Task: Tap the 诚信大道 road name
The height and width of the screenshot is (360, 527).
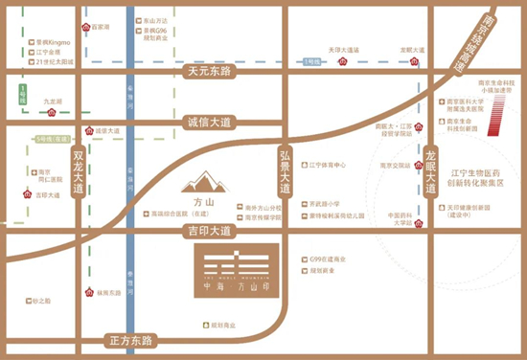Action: pos(207,123)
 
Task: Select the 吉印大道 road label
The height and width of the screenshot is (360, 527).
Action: pos(209,230)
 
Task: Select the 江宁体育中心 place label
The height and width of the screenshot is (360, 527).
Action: pos(328,164)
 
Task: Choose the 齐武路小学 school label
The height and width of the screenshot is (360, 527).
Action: pos(325,204)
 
